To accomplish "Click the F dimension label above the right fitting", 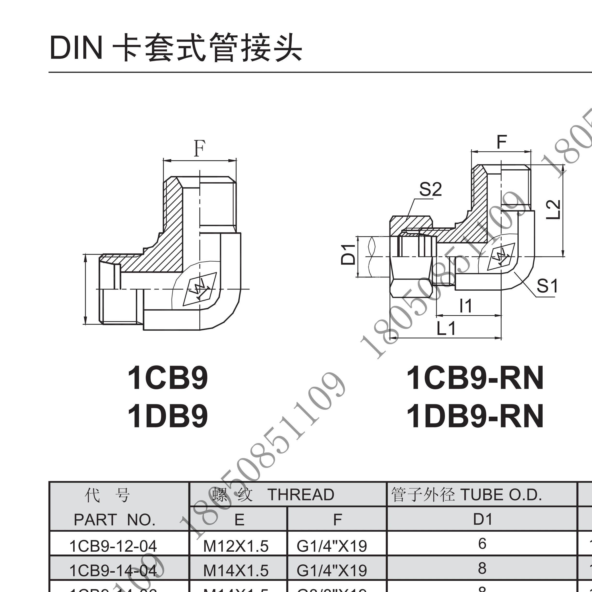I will tap(502, 142).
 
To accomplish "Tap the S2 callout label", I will tap(430, 189).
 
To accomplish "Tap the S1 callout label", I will tap(547, 286).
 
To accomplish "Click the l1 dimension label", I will tap(466, 305).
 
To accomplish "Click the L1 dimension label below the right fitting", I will tap(446, 328).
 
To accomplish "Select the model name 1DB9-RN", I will tap(475, 416).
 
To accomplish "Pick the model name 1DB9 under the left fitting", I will tap(168, 416).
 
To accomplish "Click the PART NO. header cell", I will tap(115, 520).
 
